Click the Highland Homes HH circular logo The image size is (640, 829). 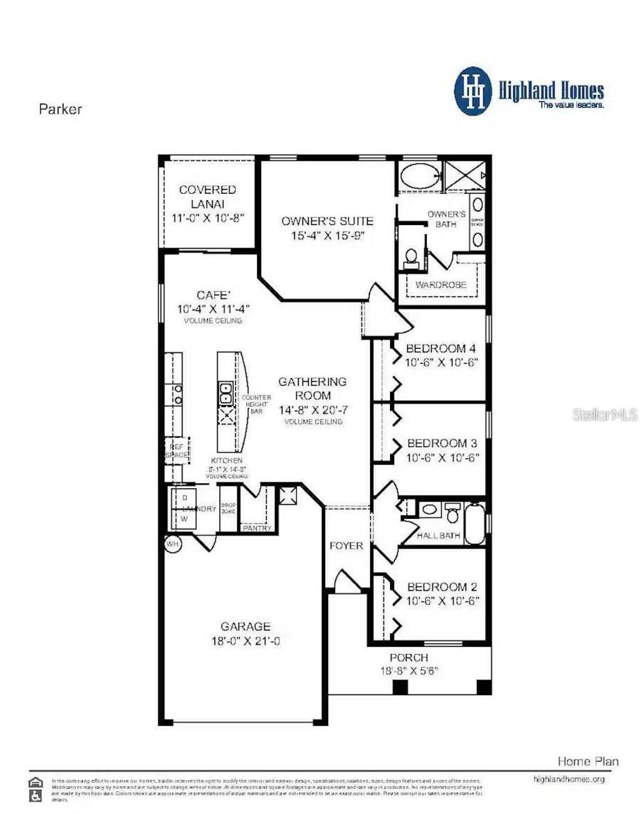click(x=474, y=91)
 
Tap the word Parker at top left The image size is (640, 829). click(x=60, y=109)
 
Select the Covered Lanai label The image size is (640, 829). click(x=207, y=196)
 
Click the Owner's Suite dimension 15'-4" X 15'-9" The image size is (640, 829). click(x=327, y=236)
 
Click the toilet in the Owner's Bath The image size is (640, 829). click(x=411, y=258)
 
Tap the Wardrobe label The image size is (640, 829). click(x=441, y=285)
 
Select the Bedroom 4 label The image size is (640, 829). click(x=441, y=348)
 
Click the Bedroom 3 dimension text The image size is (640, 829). click(x=442, y=458)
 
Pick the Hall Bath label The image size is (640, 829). click(x=438, y=536)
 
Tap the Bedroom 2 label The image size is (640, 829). click(x=442, y=587)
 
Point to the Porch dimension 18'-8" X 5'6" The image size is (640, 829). click(x=409, y=671)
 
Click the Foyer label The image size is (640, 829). click(x=346, y=546)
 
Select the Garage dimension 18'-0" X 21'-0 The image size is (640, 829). click(x=245, y=641)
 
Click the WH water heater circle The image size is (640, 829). click(x=172, y=544)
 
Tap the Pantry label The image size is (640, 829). click(x=257, y=528)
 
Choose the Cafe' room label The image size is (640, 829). click(x=213, y=295)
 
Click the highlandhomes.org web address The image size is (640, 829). click(x=569, y=780)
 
